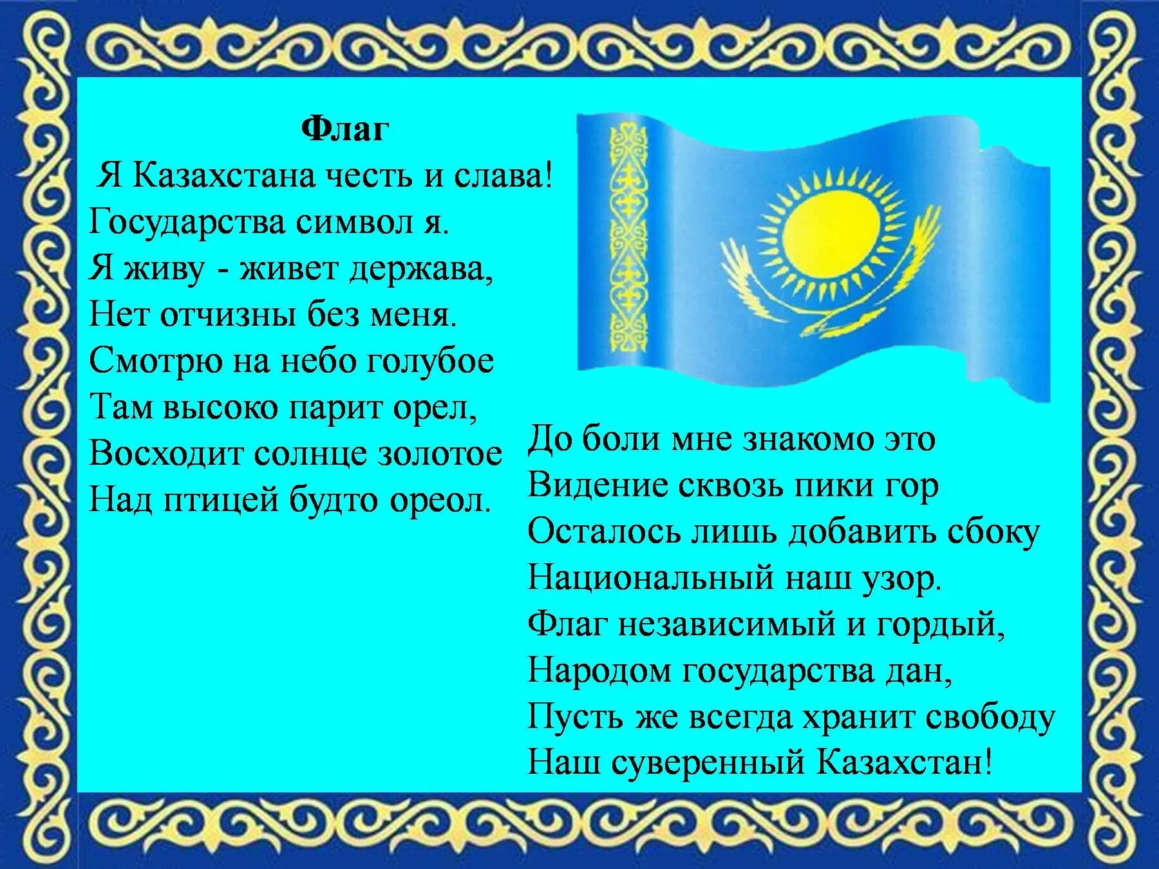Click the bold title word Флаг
click(345, 131)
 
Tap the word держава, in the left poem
click(421, 270)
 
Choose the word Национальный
click(650, 578)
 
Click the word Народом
click(599, 671)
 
